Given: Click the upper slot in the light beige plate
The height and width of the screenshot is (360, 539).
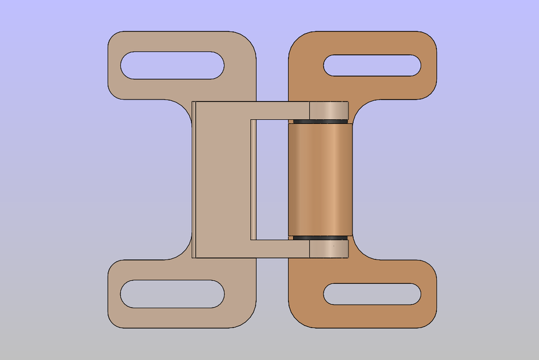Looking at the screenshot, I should coord(172,65).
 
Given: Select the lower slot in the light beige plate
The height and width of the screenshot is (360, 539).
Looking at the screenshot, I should coord(172,294).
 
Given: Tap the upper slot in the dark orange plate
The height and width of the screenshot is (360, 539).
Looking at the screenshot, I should coord(372,65).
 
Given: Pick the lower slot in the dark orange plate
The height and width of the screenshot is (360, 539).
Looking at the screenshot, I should coord(372,294).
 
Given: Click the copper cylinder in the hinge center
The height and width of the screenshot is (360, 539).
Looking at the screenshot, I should coord(320,179).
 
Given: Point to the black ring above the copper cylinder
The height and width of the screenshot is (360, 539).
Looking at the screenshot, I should coord(320,121).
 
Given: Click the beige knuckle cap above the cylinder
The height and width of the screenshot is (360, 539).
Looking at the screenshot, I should coord(329,110).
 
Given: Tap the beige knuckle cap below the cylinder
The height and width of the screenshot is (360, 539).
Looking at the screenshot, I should coord(329,249).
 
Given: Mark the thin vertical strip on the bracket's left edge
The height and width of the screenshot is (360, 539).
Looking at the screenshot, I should coord(194,179).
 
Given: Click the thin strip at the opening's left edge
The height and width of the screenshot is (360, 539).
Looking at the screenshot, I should coord(253,179).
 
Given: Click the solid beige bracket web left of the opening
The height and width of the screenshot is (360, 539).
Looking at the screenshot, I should coord(223,179).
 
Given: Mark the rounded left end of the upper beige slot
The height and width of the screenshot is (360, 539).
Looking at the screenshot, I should coord(127,65).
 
